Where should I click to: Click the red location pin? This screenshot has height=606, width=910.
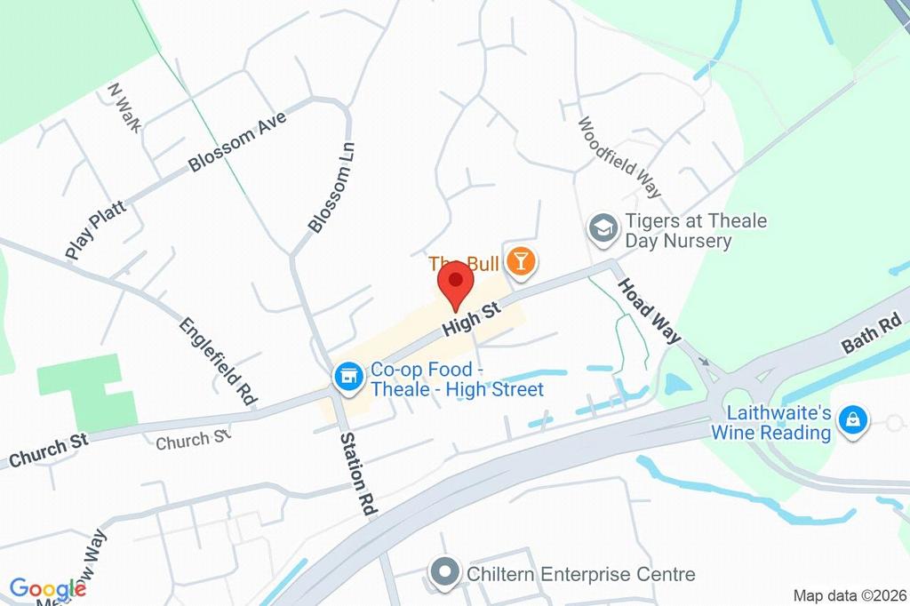(456, 283)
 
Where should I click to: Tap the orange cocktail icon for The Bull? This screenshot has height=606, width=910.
(520, 261)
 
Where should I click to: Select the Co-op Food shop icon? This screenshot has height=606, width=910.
(347, 377)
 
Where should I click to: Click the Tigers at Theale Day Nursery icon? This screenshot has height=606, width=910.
(603, 227)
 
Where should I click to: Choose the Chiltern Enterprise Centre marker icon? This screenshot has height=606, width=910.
(443, 573)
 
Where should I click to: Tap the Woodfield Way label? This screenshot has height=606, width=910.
(620, 156)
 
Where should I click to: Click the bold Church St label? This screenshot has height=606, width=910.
(49, 450)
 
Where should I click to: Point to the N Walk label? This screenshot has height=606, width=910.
(124, 107)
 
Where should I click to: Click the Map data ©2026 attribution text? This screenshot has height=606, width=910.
(849, 595)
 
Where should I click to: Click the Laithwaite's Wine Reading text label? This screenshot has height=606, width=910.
(771, 423)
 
